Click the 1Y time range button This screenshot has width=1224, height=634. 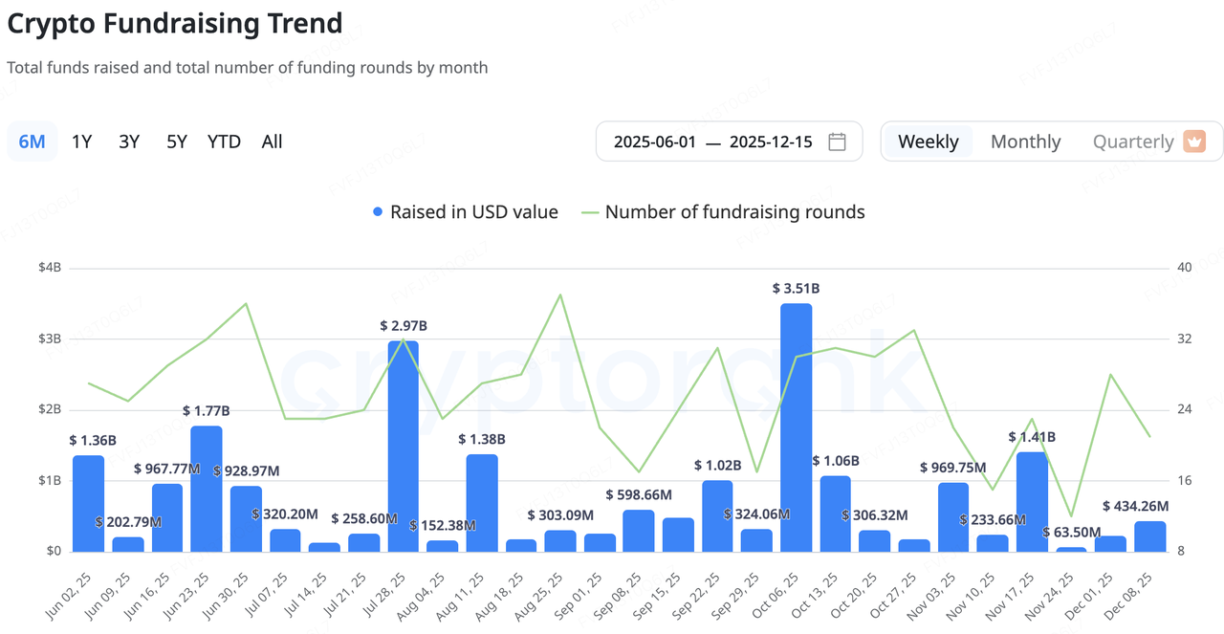click(81, 142)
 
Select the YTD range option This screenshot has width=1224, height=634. click(224, 142)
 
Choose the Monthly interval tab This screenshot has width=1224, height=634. click(1025, 142)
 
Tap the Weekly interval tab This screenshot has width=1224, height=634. click(928, 142)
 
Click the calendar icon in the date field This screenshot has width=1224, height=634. click(837, 142)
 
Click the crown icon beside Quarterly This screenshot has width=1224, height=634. click(1194, 142)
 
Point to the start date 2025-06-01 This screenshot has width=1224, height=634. click(653, 142)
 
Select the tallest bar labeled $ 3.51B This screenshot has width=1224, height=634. click(796, 427)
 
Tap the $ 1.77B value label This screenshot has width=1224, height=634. click(207, 410)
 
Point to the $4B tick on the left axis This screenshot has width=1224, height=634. click(48, 268)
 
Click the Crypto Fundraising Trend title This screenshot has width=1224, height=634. click(175, 23)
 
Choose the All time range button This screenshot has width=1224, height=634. click(272, 142)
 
